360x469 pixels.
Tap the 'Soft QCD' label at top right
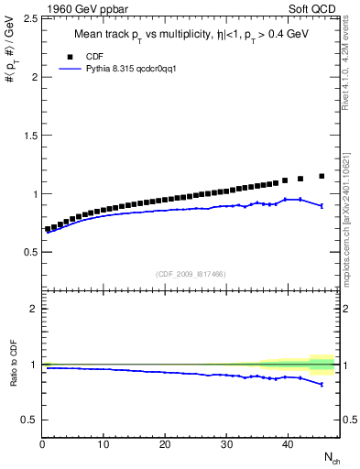point(315,11)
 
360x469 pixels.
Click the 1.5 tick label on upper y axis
point(29,136)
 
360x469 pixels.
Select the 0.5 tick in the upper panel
point(29,252)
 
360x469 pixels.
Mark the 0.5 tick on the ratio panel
point(29,420)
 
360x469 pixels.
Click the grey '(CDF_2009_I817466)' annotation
point(191,274)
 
